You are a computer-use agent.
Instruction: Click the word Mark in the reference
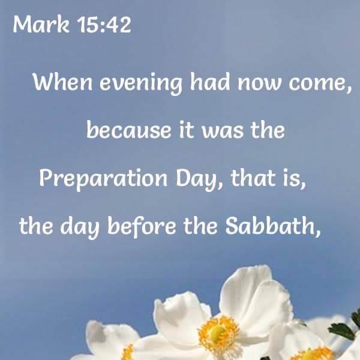click(41, 25)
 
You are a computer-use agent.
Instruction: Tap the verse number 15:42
click(104, 25)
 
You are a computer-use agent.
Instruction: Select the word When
click(62, 82)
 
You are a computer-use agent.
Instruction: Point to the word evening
click(141, 84)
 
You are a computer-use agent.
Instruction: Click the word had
click(210, 82)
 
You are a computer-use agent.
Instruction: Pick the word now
click(259, 84)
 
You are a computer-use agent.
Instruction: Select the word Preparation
click(103, 179)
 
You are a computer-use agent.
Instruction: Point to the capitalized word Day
click(196, 179)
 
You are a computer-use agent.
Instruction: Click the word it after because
click(186, 130)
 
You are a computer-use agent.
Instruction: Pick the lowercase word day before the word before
click(80, 227)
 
